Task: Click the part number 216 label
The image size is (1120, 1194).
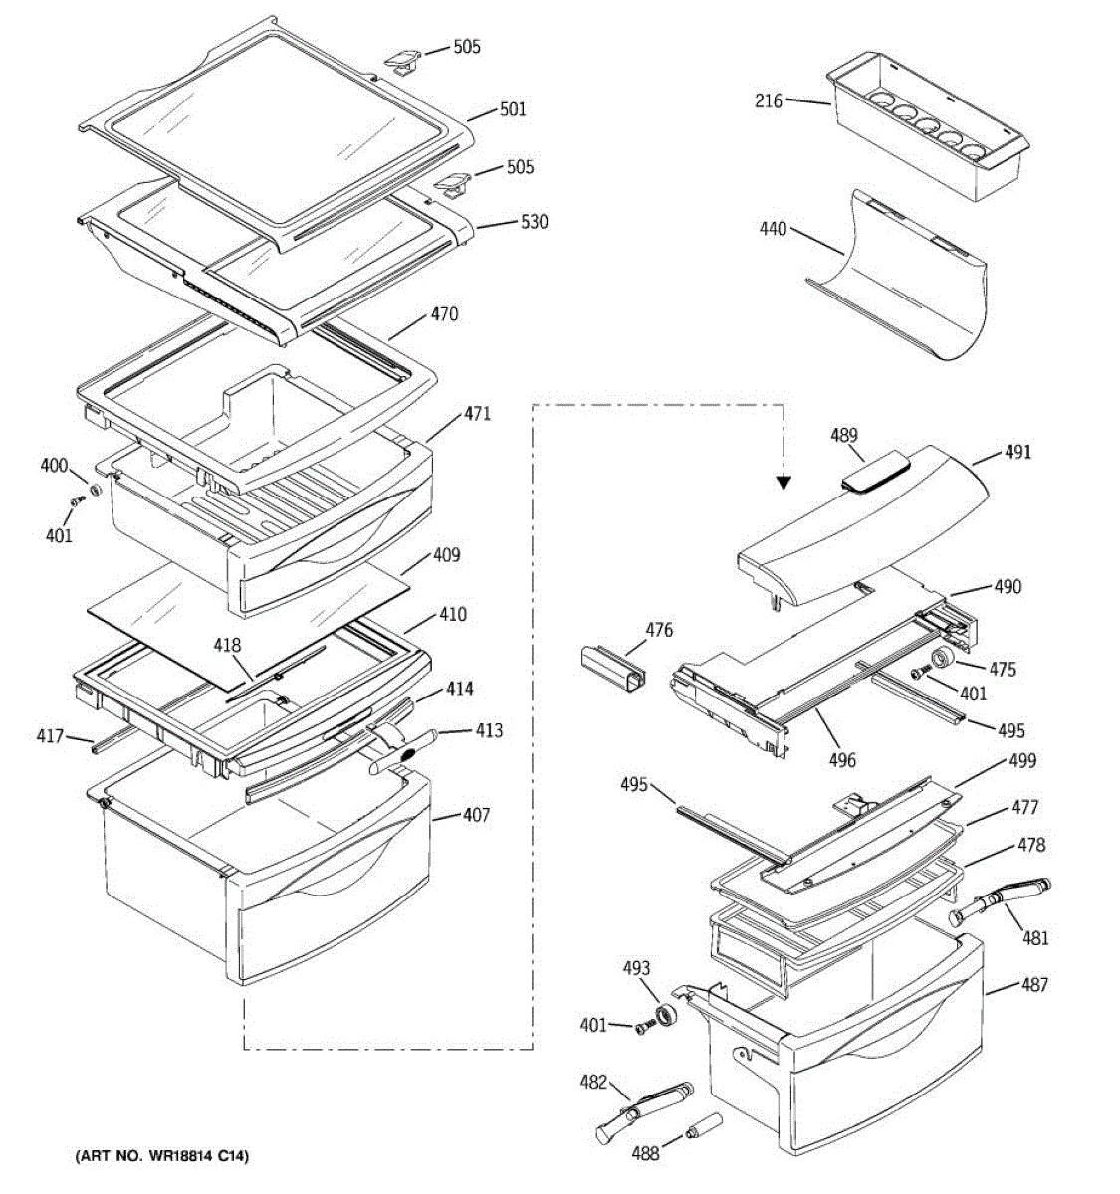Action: (769, 100)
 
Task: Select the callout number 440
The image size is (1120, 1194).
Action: (773, 230)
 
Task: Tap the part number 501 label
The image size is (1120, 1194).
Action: (513, 109)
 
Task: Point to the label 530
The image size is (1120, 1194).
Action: (535, 222)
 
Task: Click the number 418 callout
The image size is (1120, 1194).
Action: (227, 646)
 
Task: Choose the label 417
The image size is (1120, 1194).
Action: (50, 737)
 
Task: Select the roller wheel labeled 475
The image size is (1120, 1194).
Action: (941, 661)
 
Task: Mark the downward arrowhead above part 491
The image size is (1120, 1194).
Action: (784, 482)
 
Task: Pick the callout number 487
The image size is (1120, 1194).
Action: (1034, 985)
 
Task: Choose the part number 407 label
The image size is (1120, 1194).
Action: (476, 816)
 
